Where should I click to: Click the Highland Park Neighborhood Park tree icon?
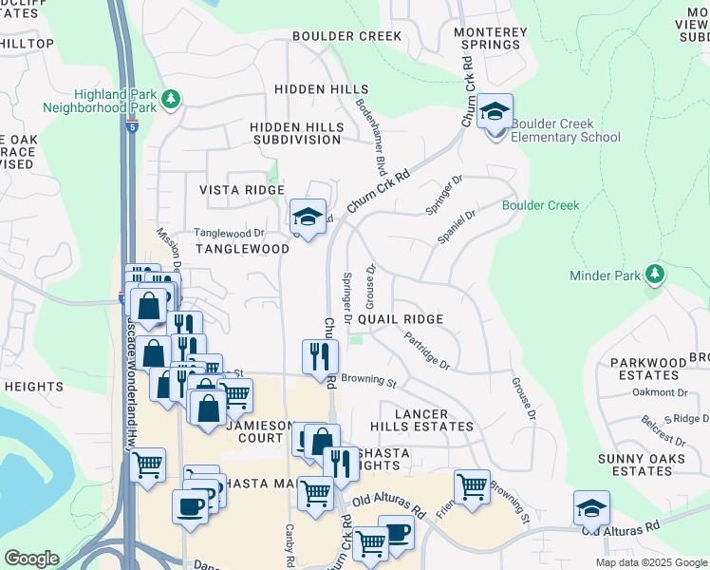point(171,99)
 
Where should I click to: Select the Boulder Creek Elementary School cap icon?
point(495,114)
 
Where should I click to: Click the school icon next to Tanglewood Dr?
point(308,218)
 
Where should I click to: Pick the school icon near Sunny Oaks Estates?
point(591,509)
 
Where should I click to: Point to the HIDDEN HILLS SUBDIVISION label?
point(295,133)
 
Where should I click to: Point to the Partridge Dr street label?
point(425,350)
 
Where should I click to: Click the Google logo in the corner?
point(31,559)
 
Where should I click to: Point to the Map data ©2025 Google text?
point(651,562)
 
